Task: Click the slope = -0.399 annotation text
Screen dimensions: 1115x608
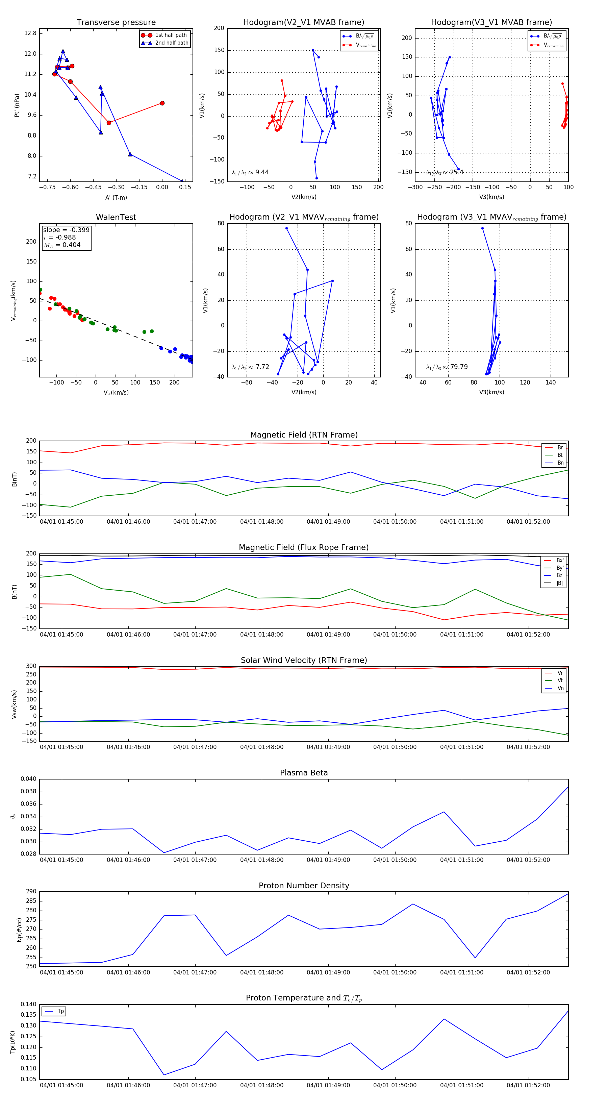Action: [66, 230]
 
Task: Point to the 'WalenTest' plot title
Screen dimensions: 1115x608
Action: [116, 217]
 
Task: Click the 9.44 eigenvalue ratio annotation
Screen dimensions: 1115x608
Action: [262, 172]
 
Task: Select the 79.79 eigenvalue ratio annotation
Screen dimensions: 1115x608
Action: [459, 367]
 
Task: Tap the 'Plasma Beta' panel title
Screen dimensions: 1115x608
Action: [304, 773]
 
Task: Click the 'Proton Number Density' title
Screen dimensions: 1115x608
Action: [304, 886]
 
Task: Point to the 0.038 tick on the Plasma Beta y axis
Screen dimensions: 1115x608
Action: [29, 792]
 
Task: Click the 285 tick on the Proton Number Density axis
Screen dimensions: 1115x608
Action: [31, 901]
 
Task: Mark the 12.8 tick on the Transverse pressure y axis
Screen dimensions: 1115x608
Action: [30, 33]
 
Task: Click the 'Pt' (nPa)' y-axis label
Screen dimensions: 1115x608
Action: [17, 105]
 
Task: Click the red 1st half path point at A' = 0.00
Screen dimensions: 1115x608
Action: [162, 103]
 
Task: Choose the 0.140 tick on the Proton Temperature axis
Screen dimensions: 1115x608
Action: [29, 1004]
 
